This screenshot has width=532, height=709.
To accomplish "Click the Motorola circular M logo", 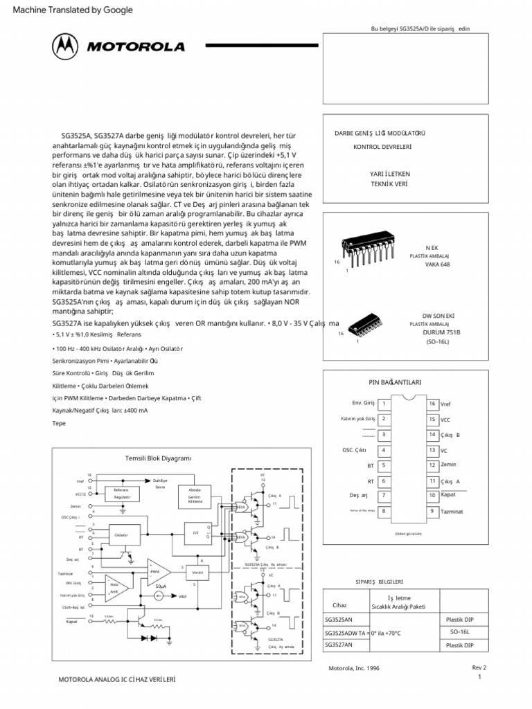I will (66, 47).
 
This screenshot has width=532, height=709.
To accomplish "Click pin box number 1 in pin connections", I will (384, 403).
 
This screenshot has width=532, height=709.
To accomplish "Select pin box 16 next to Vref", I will (431, 403).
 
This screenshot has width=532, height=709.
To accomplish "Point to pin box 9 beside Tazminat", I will (431, 511).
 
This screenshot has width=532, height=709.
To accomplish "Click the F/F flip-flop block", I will (195, 534).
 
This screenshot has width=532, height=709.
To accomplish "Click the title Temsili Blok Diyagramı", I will (157, 458).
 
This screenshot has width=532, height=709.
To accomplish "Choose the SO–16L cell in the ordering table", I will (459, 632).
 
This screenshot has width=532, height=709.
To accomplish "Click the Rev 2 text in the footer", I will (479, 667).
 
